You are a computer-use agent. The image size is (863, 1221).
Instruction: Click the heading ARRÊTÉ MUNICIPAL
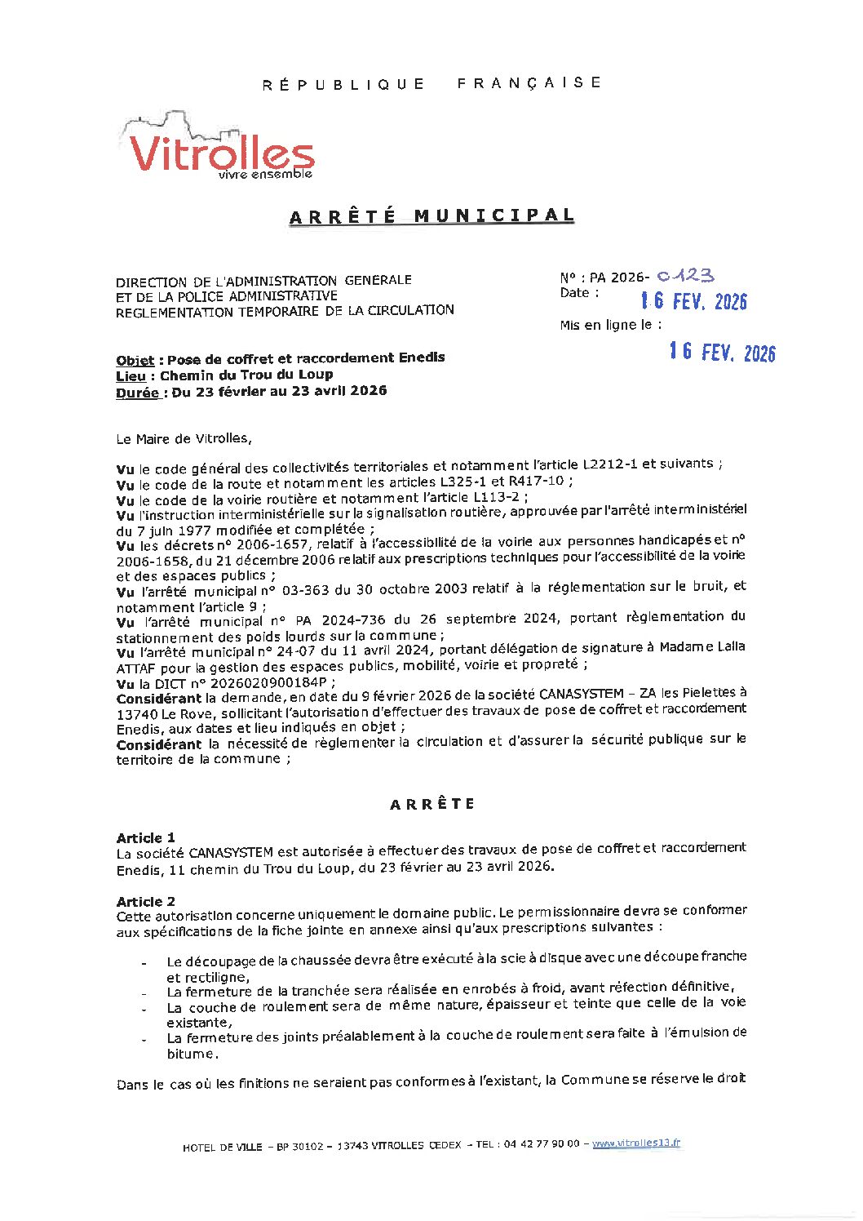point(431,216)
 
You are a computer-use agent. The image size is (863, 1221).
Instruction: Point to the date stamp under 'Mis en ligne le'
point(722,352)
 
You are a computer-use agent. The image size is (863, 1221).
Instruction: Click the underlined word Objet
point(135,360)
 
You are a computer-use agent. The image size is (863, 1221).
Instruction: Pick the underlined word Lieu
point(131,376)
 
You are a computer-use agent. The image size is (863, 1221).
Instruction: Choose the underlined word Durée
point(137,393)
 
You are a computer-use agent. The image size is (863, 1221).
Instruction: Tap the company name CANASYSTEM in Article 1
point(231,853)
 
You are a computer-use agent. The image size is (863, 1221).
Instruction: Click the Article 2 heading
point(145,901)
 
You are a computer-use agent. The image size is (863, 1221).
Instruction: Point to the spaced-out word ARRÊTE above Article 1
point(431,804)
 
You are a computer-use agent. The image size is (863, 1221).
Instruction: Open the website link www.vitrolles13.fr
point(636,1143)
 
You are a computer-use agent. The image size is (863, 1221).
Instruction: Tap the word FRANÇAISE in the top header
point(529,83)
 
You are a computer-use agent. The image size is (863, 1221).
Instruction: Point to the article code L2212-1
point(609,464)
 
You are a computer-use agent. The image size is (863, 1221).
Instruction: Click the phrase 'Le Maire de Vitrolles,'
point(184,439)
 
